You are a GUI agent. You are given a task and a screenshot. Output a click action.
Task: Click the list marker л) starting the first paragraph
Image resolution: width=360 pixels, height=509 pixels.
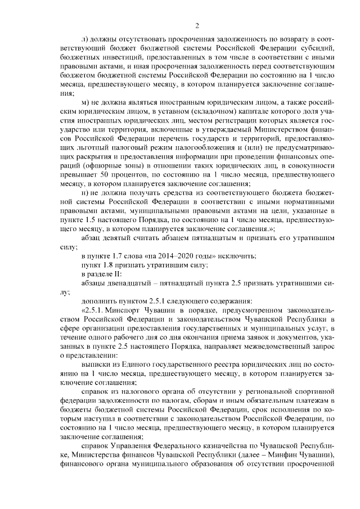click(84, 38)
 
